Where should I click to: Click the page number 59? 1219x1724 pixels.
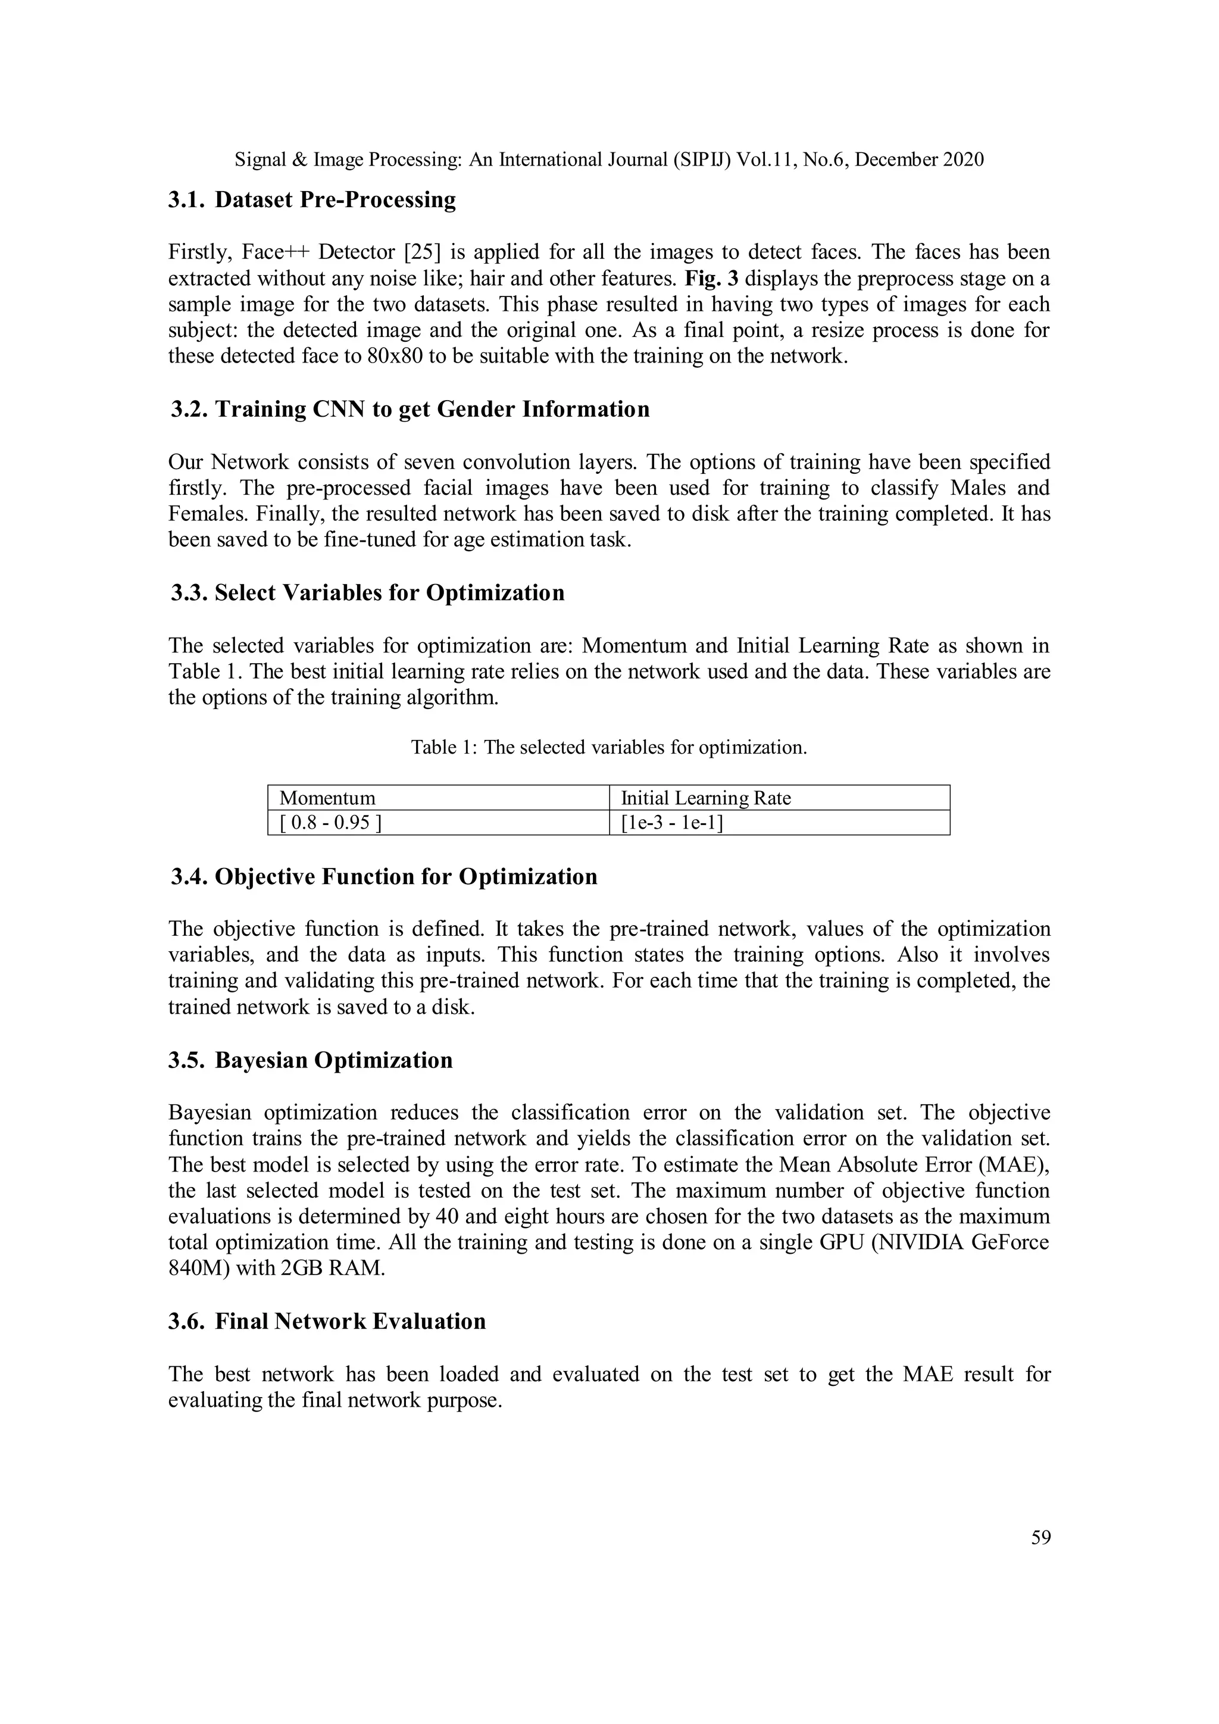pyautogui.click(x=1040, y=1538)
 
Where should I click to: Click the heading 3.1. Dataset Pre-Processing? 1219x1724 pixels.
pyautogui.click(x=311, y=200)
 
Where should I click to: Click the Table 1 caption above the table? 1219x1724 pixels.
pyautogui.click(x=609, y=747)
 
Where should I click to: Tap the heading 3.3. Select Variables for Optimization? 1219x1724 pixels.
pyautogui.click(x=367, y=592)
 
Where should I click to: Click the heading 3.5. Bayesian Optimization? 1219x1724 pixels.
pyautogui.click(x=311, y=1060)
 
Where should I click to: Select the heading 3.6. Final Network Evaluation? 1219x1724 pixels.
pyautogui.click(x=327, y=1321)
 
